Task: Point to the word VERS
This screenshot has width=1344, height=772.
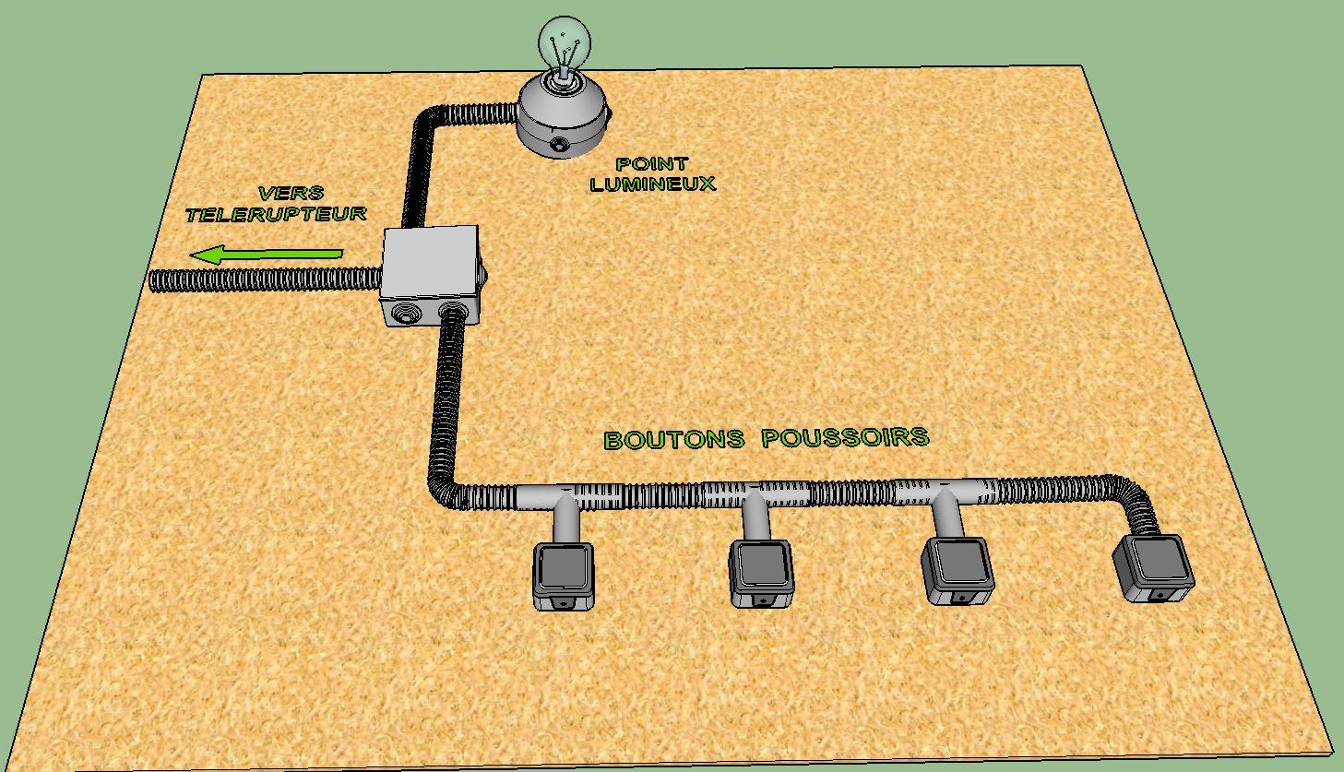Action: point(291,194)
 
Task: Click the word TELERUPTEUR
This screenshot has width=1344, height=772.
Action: point(276,214)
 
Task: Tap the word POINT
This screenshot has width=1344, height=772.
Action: point(652,164)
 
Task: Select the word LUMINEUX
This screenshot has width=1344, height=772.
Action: point(652,184)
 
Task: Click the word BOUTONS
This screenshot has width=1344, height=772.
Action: point(673,439)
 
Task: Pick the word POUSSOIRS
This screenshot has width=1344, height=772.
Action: point(845,436)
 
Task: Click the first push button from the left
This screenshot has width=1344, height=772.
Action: point(564,575)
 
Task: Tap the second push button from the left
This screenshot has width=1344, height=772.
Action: point(761,573)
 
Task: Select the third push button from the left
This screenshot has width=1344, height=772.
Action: point(959,568)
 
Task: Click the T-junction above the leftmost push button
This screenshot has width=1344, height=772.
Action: point(563,499)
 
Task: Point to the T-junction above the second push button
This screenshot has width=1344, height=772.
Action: point(755,496)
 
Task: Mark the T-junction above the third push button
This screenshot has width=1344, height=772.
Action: point(943,493)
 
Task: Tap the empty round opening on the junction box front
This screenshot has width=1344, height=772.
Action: point(405,315)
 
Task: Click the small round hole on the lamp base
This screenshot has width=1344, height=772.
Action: point(559,145)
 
